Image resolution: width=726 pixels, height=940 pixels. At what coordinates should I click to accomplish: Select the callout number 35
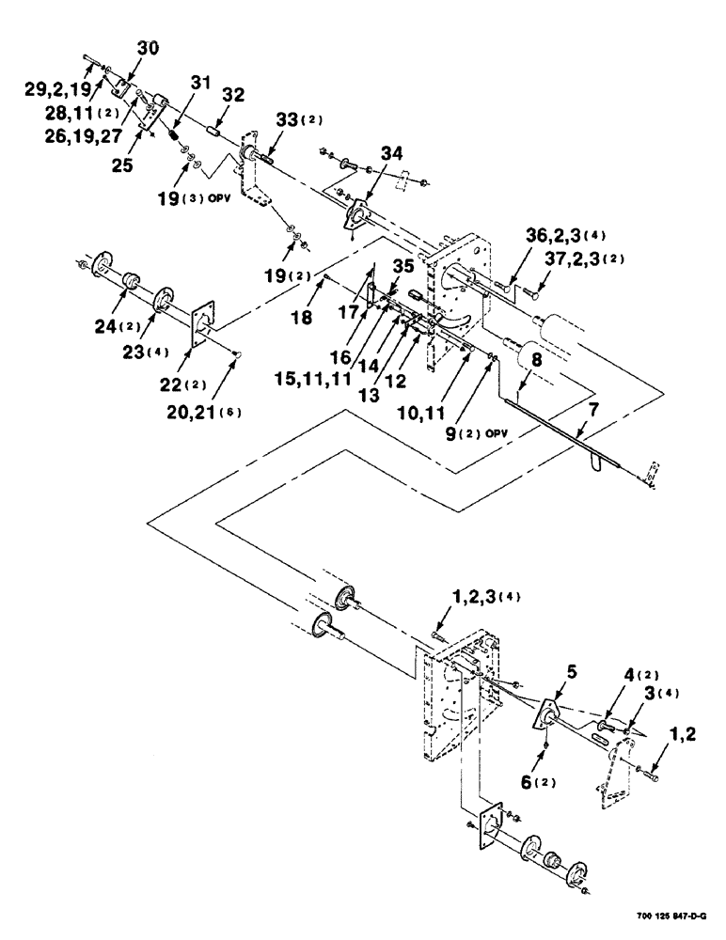point(402,266)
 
